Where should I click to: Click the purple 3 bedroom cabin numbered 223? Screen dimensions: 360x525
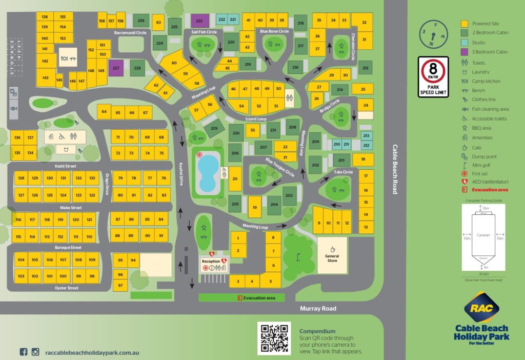tap(199, 21)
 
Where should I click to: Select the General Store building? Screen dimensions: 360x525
tap(332, 254)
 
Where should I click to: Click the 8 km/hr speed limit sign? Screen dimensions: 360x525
tap(433, 76)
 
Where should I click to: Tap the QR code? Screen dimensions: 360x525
tap(274, 338)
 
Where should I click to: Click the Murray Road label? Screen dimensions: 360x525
tap(318, 308)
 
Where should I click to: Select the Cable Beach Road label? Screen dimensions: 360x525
tap(395, 169)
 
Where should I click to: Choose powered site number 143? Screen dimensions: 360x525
tap(46, 78)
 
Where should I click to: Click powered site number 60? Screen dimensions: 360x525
tap(174, 63)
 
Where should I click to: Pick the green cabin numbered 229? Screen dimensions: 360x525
tap(214, 128)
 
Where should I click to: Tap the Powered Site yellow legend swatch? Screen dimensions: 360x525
tap(465, 24)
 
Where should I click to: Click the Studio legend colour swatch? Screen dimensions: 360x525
tap(465, 43)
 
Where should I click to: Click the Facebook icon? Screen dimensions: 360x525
tap(23, 352)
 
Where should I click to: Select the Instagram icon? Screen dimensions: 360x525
tap(36, 352)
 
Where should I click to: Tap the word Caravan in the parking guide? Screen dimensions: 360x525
tap(483, 235)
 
